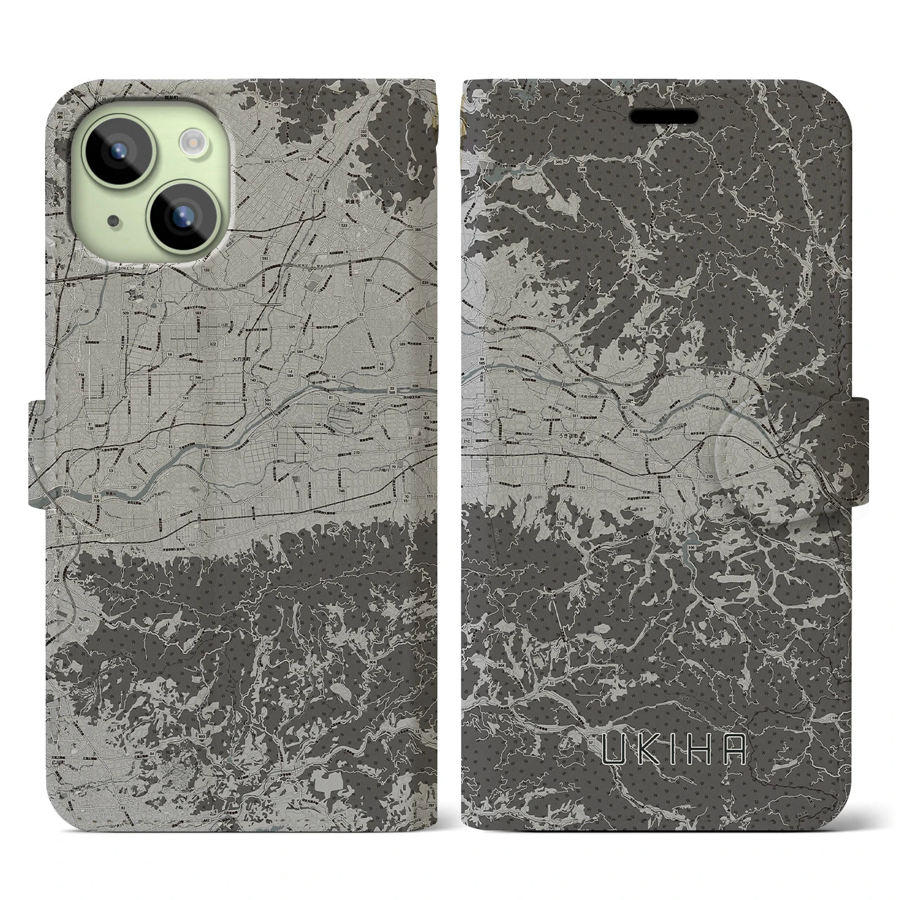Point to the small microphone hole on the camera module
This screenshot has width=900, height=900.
113,221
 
